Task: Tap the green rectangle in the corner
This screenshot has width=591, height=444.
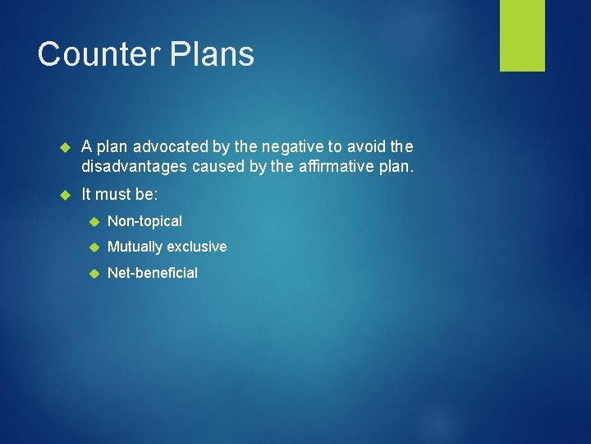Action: coord(522,35)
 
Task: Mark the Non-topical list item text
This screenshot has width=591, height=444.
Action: coord(144,221)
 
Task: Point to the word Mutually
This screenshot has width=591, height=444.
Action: coord(135,247)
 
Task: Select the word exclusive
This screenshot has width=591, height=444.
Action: coord(197,247)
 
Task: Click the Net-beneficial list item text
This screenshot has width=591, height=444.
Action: coord(153,273)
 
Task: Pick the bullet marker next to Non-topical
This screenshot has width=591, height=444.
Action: coord(94,222)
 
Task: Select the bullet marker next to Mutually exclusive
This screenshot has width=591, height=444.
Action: coord(94,247)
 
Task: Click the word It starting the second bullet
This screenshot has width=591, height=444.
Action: coord(86,195)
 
